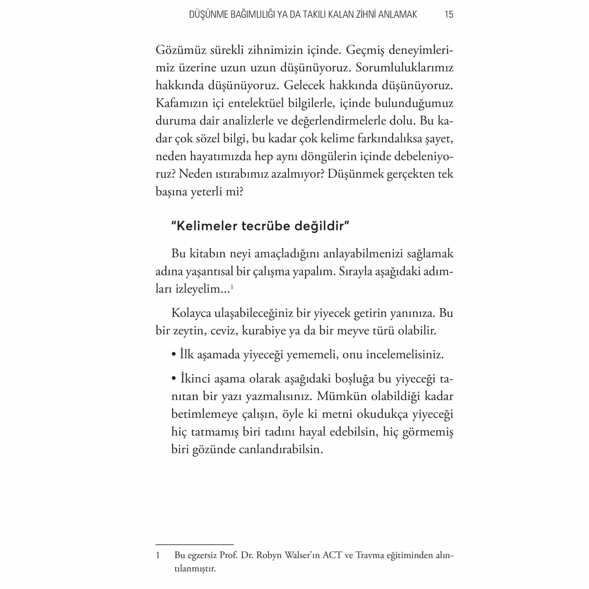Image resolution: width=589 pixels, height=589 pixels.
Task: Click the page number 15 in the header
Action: (x=449, y=14)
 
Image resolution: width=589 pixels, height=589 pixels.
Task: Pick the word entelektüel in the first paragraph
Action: (x=256, y=103)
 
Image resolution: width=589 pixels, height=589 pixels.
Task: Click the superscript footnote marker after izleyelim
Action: (x=232, y=287)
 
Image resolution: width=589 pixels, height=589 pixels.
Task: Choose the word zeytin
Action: (x=187, y=330)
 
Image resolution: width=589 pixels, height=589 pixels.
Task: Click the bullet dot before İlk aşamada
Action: (x=174, y=355)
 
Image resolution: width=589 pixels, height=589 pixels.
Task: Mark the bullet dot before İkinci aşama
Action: (x=174, y=379)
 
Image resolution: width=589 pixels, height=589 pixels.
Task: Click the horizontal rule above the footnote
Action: (x=194, y=545)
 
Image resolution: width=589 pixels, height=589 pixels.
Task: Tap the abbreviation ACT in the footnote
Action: (x=332, y=555)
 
